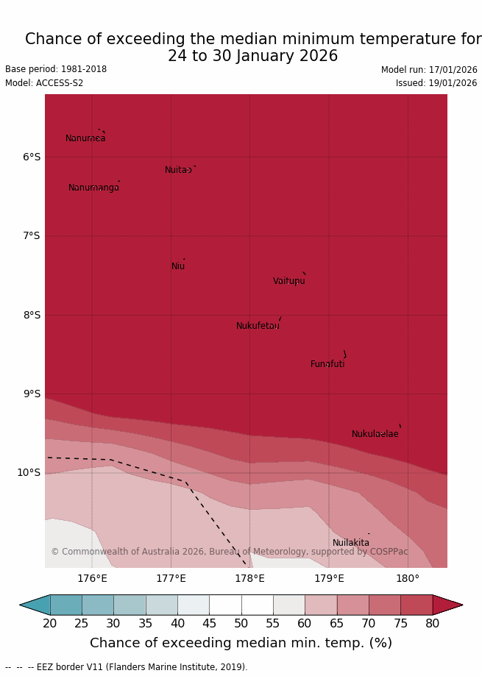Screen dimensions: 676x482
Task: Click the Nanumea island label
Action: pyautogui.click(x=85, y=138)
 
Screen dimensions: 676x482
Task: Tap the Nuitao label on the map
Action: pyautogui.click(x=178, y=170)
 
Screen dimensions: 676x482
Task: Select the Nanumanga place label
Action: pyautogui.click(x=93, y=188)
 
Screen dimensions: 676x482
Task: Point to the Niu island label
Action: pyautogui.click(x=178, y=266)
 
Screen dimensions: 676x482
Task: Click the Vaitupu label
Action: pyautogui.click(x=288, y=281)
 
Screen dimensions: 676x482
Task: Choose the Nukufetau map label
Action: pyautogui.click(x=258, y=326)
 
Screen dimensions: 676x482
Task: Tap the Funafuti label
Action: pyautogui.click(x=327, y=364)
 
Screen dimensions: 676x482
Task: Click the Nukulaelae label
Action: pyautogui.click(x=375, y=434)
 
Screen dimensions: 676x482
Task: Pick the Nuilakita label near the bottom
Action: pyautogui.click(x=351, y=543)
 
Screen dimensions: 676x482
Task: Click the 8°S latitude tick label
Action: pyautogui.click(x=32, y=315)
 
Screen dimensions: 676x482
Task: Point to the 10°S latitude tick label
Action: pyautogui.click(x=29, y=472)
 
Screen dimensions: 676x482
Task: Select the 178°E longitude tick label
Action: pyautogui.click(x=249, y=578)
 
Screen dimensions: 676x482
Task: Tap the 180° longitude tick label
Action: pyautogui.click(x=408, y=578)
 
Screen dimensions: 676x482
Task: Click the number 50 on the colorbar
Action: pyautogui.click(x=241, y=624)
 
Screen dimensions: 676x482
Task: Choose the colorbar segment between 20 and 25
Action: pyautogui.click(x=65, y=605)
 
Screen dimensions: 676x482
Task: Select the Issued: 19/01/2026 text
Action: pyautogui.click(x=436, y=83)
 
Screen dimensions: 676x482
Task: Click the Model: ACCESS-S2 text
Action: pyautogui.click(x=44, y=83)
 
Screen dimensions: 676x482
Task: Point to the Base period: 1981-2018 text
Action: pyautogui.click(x=56, y=69)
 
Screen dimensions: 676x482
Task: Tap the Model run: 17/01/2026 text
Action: pyautogui.click(x=429, y=70)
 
